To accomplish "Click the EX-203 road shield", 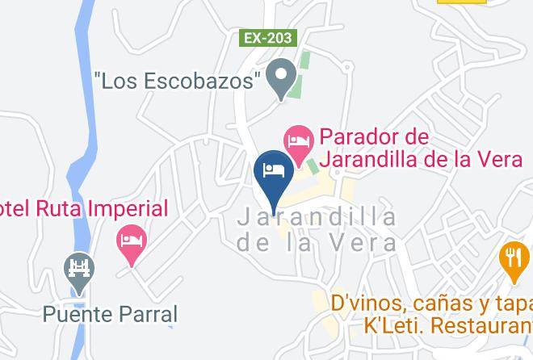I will [x=269, y=38].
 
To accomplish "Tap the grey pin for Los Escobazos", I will [x=281, y=78].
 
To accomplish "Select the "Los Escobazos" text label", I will [x=178, y=80].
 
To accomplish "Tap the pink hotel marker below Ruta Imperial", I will [x=131, y=242].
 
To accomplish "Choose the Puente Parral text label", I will [x=110, y=314].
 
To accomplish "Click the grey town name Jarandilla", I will [x=317, y=217].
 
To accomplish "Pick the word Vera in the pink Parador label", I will [x=493, y=159].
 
